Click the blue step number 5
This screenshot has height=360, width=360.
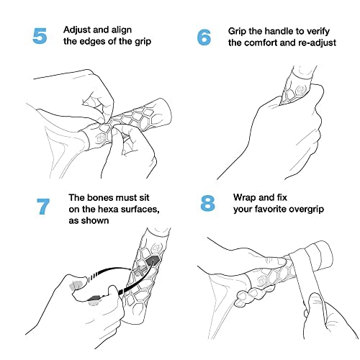40,36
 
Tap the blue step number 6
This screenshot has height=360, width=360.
204,37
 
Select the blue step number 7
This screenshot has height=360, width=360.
43,206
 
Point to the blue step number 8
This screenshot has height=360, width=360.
207,203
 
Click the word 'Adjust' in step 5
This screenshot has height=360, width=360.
77,30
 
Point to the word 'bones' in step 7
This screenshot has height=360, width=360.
100,197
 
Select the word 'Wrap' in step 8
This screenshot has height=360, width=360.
245,198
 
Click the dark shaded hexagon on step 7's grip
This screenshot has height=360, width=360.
153,260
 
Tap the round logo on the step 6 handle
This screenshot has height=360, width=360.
300,91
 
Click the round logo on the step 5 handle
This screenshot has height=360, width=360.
99,138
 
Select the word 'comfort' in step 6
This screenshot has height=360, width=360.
261,42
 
